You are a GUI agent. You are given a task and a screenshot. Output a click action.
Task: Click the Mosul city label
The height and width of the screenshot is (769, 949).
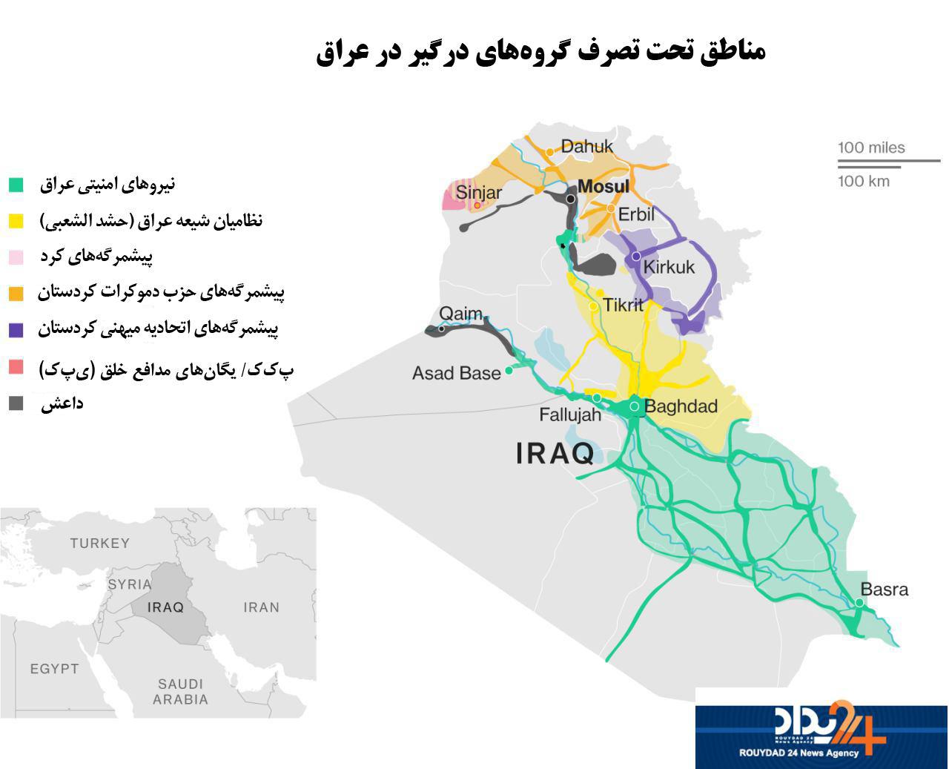coord(603,186)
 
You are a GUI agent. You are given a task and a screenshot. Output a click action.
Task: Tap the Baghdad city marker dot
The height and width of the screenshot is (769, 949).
coord(635,406)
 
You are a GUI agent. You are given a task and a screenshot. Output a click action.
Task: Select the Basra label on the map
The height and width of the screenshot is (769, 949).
coord(884,590)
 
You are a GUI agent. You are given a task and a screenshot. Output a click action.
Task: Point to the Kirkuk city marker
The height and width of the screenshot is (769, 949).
coord(635,256)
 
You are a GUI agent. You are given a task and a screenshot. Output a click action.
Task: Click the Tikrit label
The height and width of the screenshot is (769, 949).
coord(623,305)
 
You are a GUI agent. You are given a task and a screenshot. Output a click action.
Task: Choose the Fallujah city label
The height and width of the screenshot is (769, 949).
coord(569,415)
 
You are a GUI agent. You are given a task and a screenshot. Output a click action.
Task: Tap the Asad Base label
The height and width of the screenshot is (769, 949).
coord(456,373)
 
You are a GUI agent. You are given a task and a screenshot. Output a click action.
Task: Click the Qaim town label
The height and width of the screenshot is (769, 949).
coord(460,314)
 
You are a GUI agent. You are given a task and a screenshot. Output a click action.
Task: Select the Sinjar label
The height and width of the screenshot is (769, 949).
coord(478,193)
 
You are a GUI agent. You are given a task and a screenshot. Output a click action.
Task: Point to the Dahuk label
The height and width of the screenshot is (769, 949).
coord(586,146)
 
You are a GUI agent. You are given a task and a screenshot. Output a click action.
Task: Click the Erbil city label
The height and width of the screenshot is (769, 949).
coord(636,214)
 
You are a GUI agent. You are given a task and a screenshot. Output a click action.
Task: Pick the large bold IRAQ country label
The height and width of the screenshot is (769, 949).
coord(555,453)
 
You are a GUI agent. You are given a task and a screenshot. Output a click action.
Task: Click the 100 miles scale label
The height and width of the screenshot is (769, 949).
coord(871,148)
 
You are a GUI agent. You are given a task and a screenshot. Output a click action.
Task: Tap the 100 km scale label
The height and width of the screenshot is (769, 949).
coord(864,181)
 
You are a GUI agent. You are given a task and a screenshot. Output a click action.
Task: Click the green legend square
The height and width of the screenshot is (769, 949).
coord(16,185)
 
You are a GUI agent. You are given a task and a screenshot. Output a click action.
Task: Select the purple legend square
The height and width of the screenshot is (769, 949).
coord(16,330)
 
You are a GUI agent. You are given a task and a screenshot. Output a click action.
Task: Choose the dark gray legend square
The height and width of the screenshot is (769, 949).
coord(16,403)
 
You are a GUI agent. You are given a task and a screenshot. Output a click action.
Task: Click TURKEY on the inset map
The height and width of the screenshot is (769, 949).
coord(99,544)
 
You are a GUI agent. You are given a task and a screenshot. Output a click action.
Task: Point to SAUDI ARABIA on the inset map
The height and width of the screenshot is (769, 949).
coord(180,691)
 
